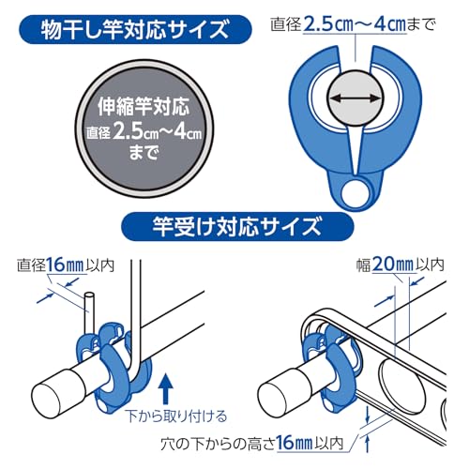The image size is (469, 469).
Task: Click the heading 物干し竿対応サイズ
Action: tap(135, 30)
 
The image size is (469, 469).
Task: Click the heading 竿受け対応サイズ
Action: tap(237, 227)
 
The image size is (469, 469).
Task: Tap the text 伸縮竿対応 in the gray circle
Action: tap(144, 106)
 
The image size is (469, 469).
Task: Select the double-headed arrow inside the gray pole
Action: tap(356, 98)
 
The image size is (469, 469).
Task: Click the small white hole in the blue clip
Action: tap(356, 193)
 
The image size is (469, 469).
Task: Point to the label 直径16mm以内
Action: tap(66, 265)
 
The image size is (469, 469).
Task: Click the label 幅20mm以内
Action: tap(401, 265)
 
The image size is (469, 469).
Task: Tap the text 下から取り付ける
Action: tap(176, 416)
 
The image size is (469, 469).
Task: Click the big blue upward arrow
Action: tap(166, 388)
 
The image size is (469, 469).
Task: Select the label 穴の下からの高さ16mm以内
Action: tap(252, 443)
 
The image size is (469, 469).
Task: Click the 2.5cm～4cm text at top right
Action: tap(355, 24)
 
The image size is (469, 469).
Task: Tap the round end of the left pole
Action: tap(47, 398)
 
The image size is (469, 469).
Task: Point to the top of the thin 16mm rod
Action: tap(89, 295)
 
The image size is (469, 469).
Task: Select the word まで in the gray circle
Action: tap(144, 152)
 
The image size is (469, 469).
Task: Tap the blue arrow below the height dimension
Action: tap(368, 444)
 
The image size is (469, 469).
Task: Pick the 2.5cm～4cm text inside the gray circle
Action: tap(157, 130)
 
